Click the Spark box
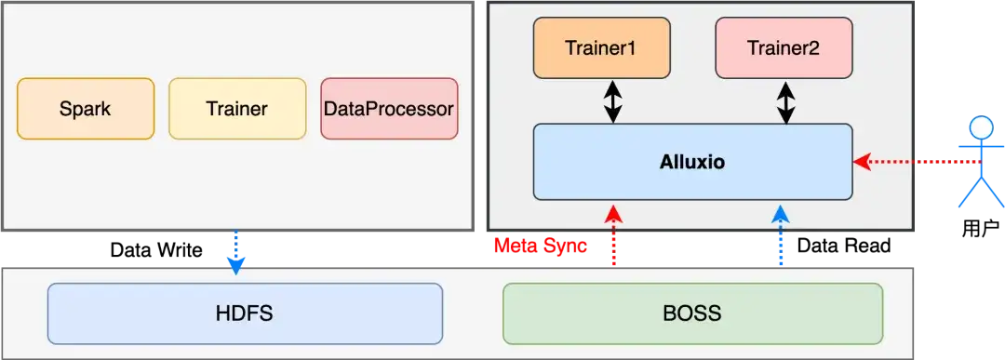[86, 109]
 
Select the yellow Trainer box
[237, 109]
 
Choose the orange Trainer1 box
[602, 48]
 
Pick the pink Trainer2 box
[784, 48]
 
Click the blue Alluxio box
[693, 162]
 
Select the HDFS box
[245, 313]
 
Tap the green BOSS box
[693, 313]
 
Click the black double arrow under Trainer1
[613, 101]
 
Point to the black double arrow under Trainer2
[786, 101]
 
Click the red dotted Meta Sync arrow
[614, 235]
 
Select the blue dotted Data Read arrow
[780, 235]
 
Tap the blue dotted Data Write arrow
[235, 253]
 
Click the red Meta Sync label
[541, 246]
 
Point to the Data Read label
[844, 246]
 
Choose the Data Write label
[156, 250]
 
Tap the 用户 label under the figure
[981, 229]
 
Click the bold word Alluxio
[692, 162]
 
